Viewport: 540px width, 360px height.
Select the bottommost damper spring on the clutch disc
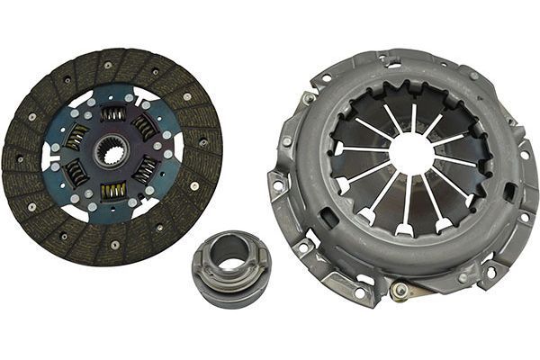point(113,191)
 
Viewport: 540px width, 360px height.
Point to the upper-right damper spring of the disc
point(144,127)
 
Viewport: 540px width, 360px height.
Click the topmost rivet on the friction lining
point(108,65)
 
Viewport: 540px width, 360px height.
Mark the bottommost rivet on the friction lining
point(115,244)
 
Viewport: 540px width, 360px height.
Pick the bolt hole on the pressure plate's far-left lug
point(277,185)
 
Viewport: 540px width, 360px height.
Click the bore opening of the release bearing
point(231,264)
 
